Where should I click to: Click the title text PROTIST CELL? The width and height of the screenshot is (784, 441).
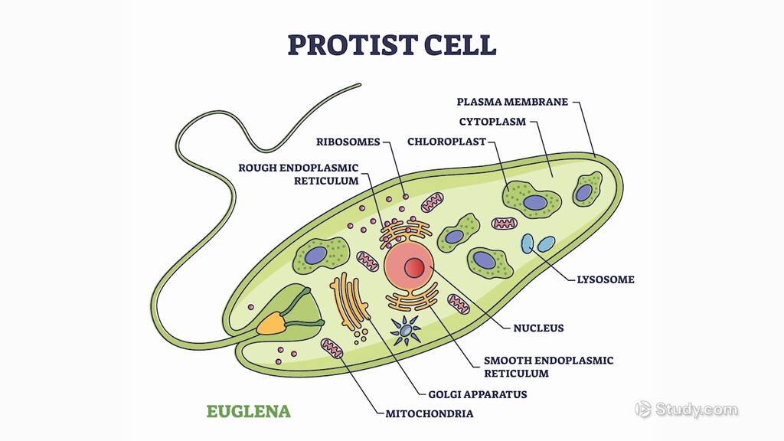coord(391,44)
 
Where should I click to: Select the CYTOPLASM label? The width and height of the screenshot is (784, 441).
coord(492,122)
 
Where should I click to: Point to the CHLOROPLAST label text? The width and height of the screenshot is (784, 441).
coord(446,142)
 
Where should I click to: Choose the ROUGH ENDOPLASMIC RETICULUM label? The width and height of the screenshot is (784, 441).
coord(299,174)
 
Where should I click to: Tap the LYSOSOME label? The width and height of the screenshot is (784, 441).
coord(605,279)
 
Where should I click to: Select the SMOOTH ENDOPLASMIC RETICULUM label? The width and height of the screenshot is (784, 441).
coord(548,367)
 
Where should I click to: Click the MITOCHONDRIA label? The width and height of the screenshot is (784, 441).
coord(429,413)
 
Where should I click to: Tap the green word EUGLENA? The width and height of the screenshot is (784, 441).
coord(249,412)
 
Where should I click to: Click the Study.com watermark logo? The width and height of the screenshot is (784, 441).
coord(687,410)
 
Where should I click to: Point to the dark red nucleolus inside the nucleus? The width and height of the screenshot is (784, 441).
coord(414,267)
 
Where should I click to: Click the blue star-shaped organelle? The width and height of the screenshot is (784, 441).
coord(406,330)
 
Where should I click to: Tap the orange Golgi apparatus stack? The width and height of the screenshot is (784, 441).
coord(349,302)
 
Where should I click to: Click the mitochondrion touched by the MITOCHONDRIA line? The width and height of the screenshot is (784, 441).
coord(332,349)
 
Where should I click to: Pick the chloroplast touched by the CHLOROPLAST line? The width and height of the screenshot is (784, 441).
coord(530,201)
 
